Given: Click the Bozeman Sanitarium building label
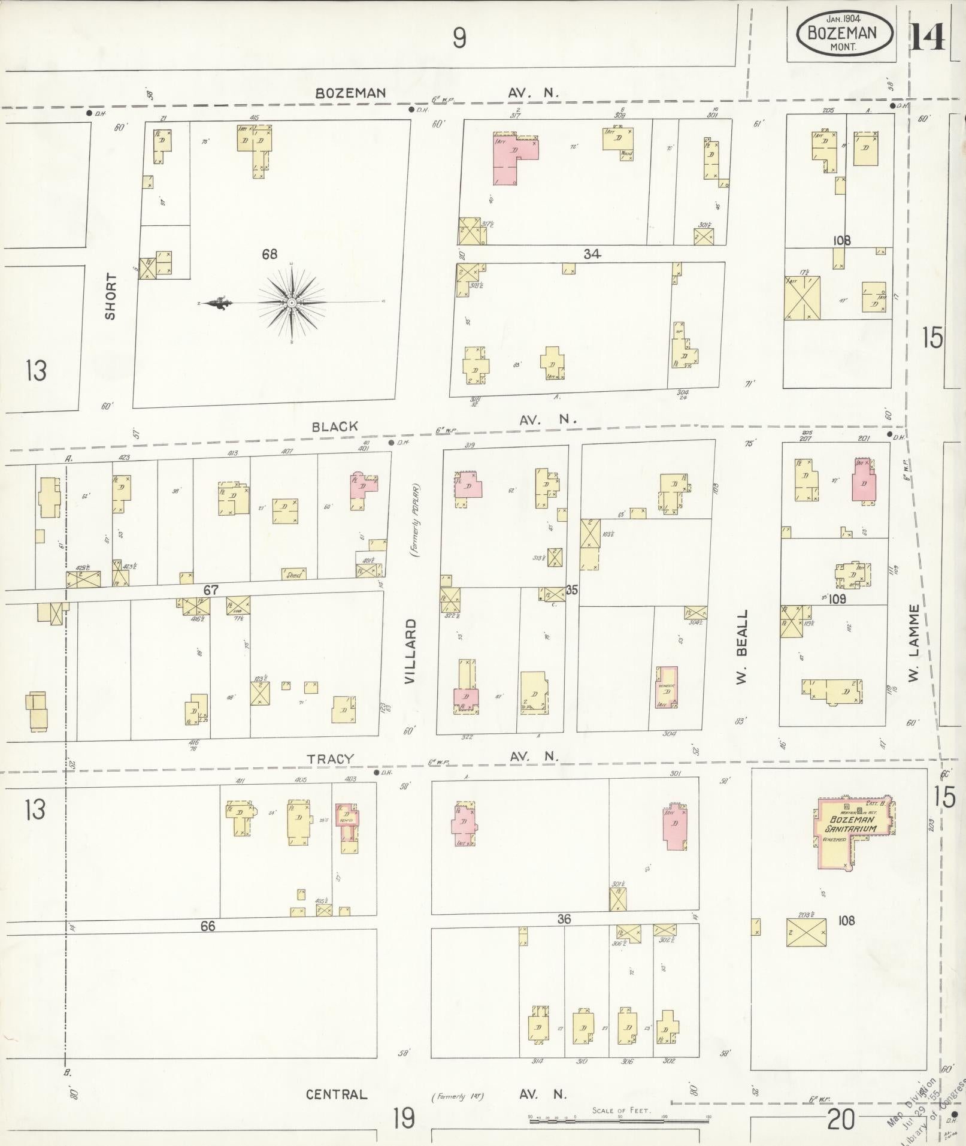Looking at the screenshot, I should point(852,824).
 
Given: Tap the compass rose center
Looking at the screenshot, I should point(291,303).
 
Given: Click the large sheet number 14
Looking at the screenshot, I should point(928,37).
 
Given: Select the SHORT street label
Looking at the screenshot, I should point(111,296).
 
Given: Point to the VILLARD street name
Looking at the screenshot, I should point(410,651).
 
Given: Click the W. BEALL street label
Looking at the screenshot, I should point(742,648).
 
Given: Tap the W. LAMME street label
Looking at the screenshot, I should point(913,643).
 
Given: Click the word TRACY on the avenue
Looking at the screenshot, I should point(331,758).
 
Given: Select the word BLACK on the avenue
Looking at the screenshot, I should point(335,427).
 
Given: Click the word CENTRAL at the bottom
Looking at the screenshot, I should point(337,1094).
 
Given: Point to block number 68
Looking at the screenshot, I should point(269,254).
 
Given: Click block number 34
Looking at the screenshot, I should point(592,254).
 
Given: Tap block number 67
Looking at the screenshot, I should point(210,590).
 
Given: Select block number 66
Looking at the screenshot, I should point(207,926).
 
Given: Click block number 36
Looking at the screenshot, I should point(564,919).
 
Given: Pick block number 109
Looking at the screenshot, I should point(837,598).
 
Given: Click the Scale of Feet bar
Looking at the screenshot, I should point(619,1118).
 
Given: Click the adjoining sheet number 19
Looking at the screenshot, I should point(404,1118).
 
